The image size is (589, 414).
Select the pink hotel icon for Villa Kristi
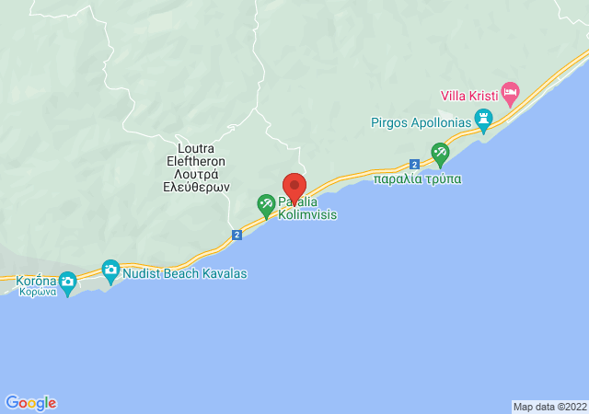point(510,92)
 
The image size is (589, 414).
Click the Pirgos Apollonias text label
point(420,121)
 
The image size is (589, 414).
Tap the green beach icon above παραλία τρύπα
point(440,152)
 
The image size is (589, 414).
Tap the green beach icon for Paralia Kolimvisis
point(266,203)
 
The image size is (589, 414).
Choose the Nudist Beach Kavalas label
point(184,273)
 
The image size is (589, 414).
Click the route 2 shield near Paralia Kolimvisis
point(237,236)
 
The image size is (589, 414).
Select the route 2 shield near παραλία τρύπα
point(414,164)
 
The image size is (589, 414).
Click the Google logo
point(30,402)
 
